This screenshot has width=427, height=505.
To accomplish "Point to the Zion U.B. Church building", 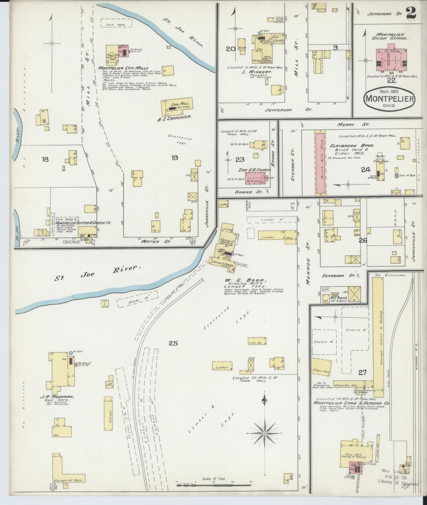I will tap(255, 178).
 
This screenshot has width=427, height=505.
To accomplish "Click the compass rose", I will tap(265, 433).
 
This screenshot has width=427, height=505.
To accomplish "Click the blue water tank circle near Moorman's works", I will tap(71, 353).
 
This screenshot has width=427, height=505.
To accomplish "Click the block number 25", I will tap(173, 343).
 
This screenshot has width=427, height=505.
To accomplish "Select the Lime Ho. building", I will tap(257, 341).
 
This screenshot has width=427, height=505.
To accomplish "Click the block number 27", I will tap(362, 373).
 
